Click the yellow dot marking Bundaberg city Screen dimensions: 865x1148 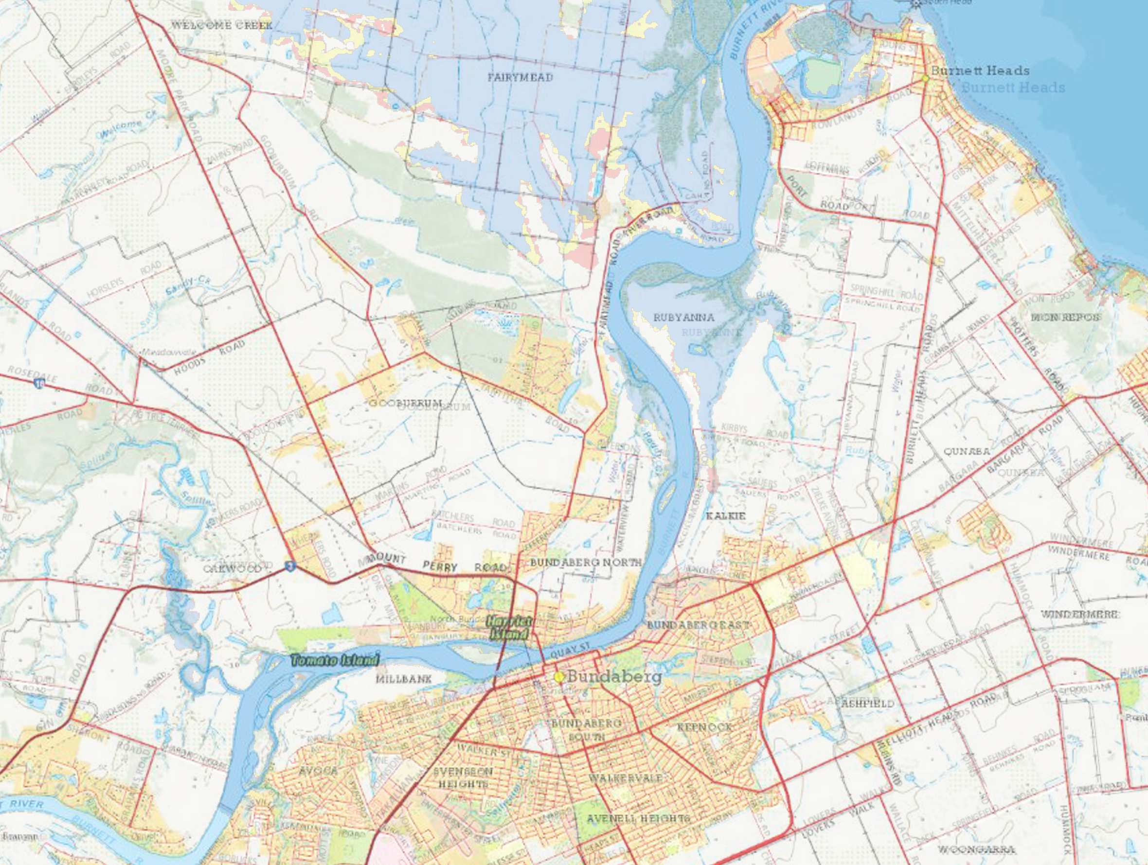point(559,677)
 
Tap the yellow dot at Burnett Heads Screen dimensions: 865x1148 point(925,78)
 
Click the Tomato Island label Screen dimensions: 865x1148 point(335,661)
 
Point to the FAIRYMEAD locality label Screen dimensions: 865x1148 point(520,78)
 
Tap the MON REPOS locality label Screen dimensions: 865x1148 point(1065,317)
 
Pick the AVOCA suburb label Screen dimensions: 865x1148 point(318,771)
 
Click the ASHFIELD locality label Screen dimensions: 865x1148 point(868,704)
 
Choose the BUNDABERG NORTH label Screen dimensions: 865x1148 point(585,563)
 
